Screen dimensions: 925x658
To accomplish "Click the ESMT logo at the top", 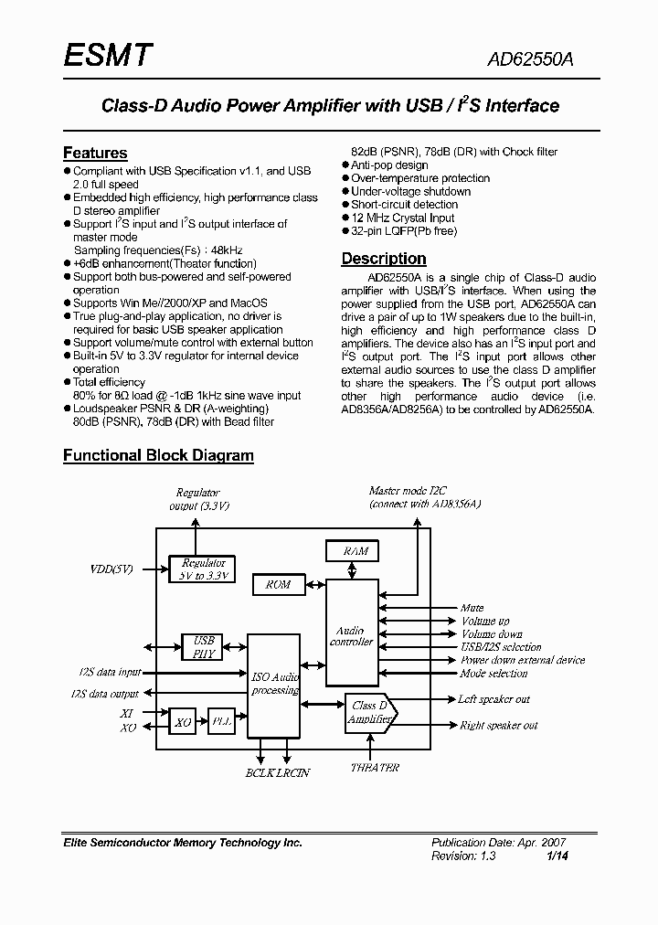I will pos(108,57).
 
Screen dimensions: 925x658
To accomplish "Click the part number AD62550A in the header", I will pos(530,60).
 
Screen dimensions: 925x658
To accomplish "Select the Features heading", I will pos(95,153).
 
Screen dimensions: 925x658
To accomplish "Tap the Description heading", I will pos(384,259).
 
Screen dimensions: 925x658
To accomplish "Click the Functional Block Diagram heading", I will pos(158,454).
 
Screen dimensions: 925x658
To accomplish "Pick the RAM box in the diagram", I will pos(356,551).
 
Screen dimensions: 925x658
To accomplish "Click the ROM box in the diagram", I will pos(278,584).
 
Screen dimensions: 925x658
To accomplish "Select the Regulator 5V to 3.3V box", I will pos(203,569).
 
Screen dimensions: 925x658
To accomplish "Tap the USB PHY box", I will pos(203,647).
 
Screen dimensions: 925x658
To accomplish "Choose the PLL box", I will pos(222,722).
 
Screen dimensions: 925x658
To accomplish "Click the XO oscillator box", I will pos(183,722).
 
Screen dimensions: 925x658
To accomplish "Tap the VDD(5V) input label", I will pos(111,569).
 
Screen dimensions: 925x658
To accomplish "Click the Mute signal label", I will pos(472,608).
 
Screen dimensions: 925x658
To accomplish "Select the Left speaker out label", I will pos(493,699).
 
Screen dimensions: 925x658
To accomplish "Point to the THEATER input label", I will pos(375,768).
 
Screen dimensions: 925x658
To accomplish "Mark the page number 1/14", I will pos(555,856).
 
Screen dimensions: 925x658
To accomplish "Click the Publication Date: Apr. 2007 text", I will pos(491,843).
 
